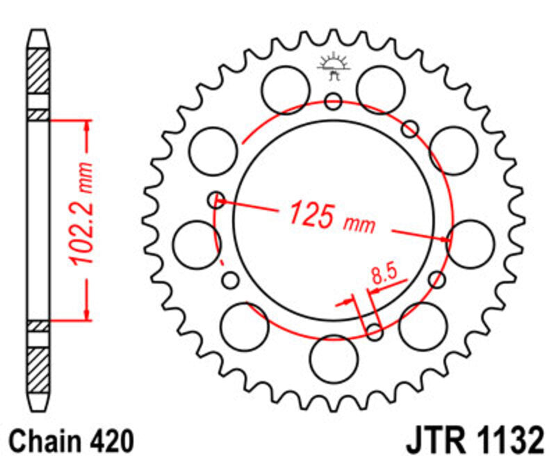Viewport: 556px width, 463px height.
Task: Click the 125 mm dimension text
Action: (332, 216)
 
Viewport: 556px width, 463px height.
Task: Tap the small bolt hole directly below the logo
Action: (334, 101)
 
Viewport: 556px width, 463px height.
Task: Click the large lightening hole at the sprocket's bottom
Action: (334, 359)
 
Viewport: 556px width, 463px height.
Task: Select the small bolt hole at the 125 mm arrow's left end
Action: (217, 200)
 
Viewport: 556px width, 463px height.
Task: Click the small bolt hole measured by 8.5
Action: (375, 332)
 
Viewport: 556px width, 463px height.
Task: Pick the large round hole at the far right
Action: (471, 243)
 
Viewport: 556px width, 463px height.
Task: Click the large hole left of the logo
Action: (286, 89)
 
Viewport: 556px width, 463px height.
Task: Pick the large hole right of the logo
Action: (380, 89)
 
